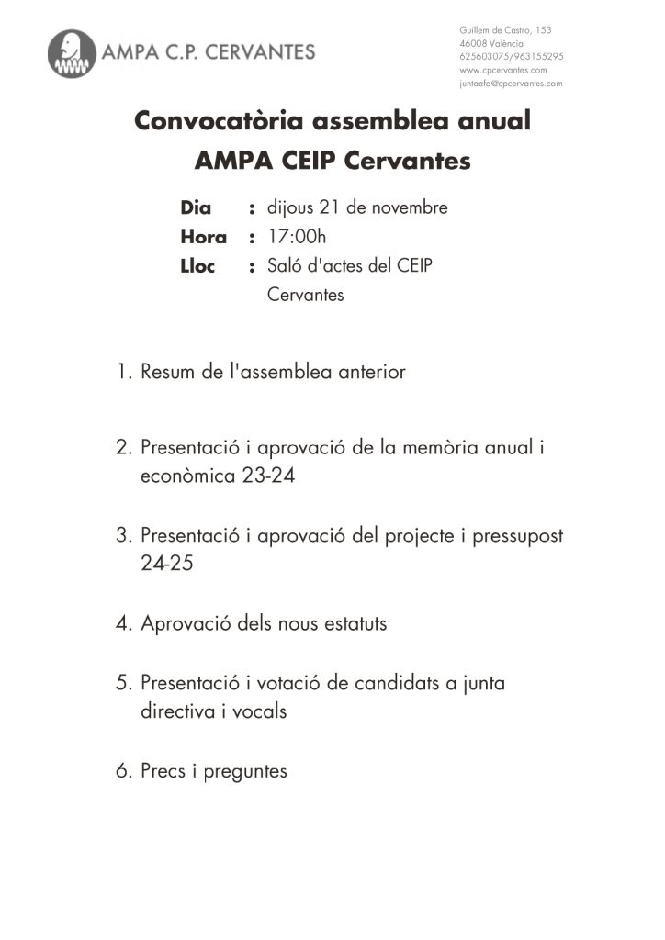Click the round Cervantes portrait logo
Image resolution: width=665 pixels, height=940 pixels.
click(x=72, y=54)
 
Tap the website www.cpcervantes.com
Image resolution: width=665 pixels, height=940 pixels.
click(x=502, y=70)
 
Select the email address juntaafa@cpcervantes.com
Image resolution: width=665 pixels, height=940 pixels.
click(x=511, y=83)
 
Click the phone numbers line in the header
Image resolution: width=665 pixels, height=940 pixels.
click(x=511, y=56)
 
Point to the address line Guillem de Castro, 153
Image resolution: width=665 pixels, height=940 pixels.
click(x=505, y=30)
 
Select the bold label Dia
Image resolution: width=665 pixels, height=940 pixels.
click(x=196, y=208)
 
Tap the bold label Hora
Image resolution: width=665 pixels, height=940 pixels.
click(x=203, y=238)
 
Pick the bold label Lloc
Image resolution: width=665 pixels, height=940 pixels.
click(x=197, y=267)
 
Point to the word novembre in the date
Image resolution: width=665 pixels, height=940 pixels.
click(x=405, y=207)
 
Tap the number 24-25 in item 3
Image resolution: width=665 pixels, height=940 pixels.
click(x=167, y=565)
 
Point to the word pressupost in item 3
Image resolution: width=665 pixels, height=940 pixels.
click(x=517, y=536)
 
